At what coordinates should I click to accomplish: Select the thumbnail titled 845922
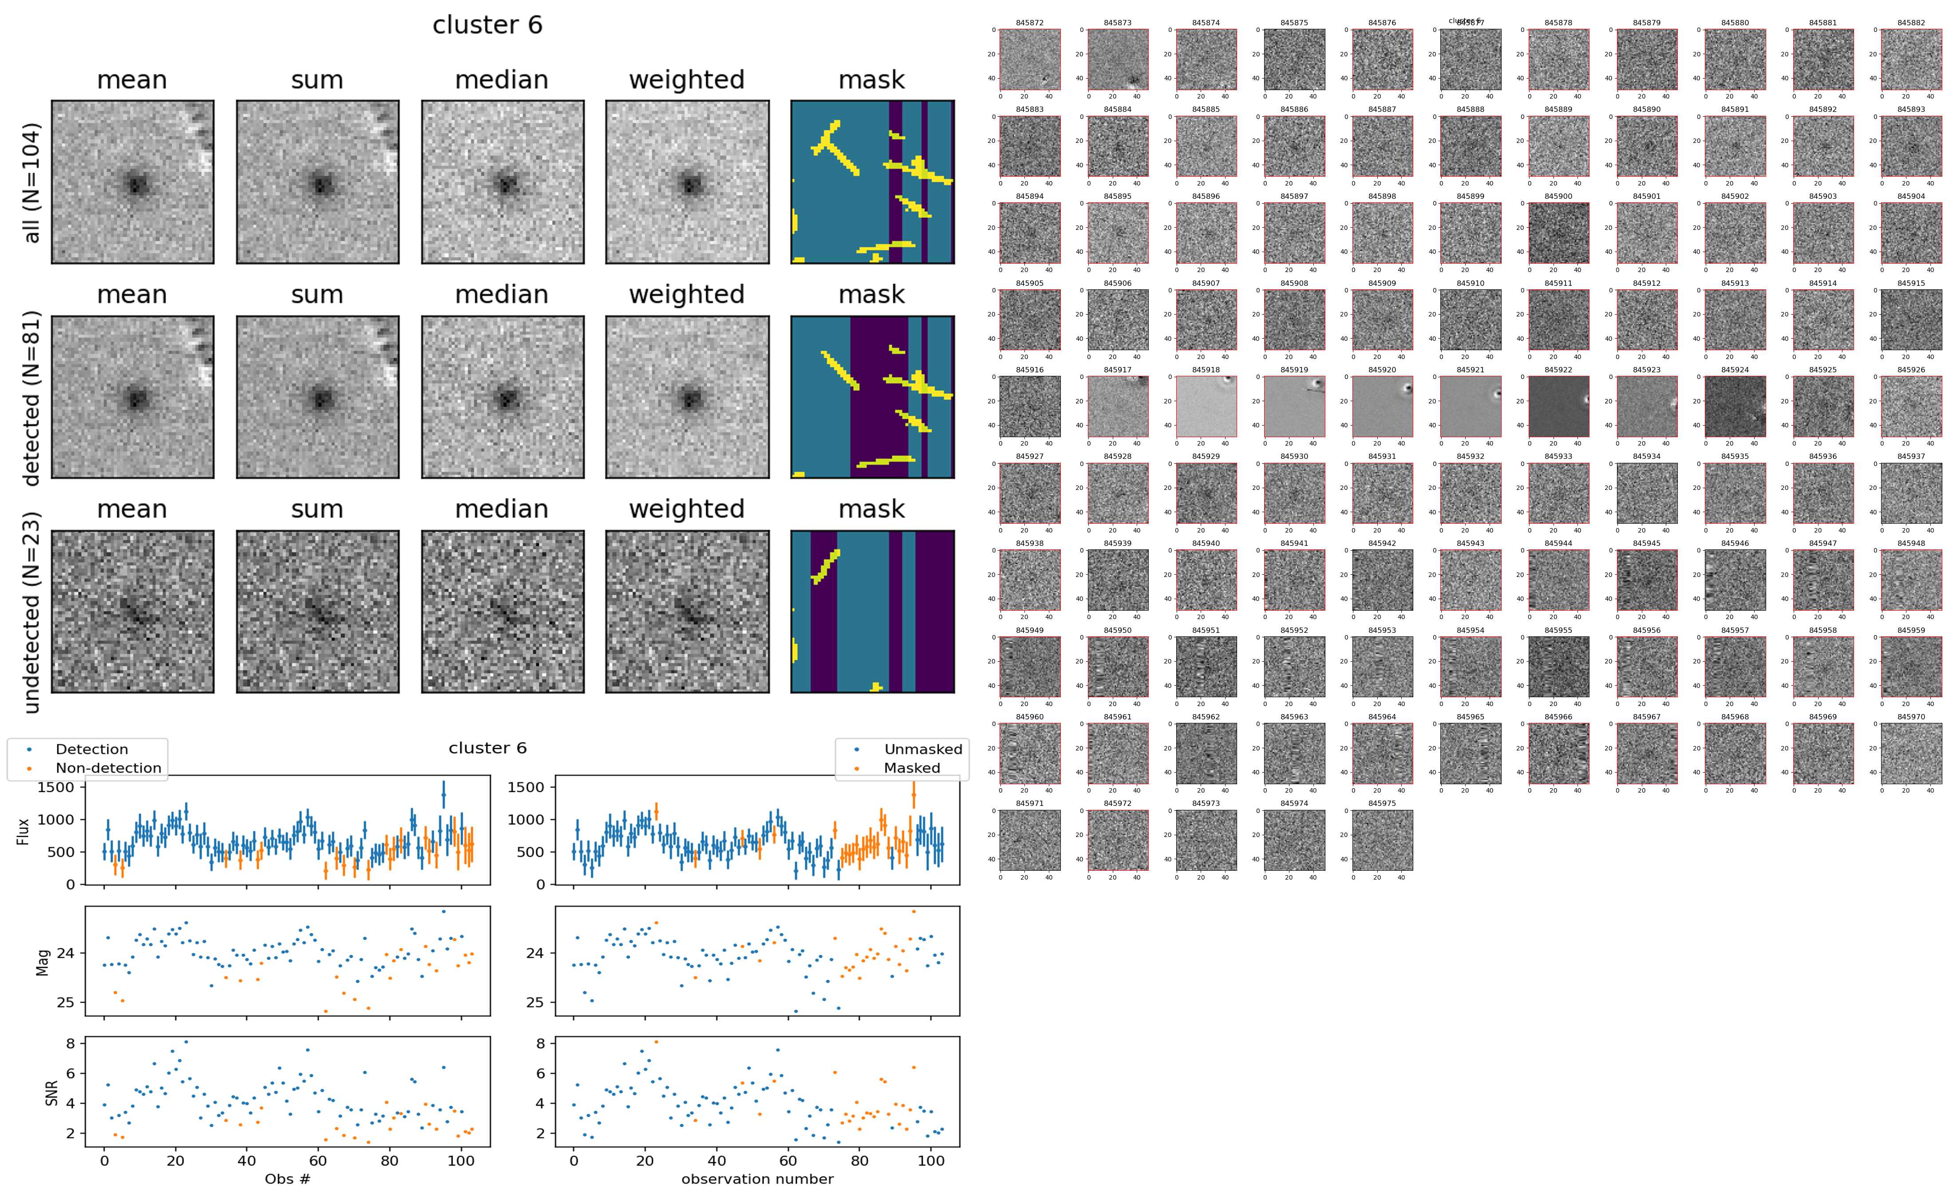(1558, 407)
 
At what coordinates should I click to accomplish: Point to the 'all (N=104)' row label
(32, 182)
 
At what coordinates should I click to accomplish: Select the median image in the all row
(502, 182)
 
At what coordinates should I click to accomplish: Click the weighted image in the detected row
(687, 397)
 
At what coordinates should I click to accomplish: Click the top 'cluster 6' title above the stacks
(487, 25)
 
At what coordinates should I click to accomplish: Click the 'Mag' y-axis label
(43, 962)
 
